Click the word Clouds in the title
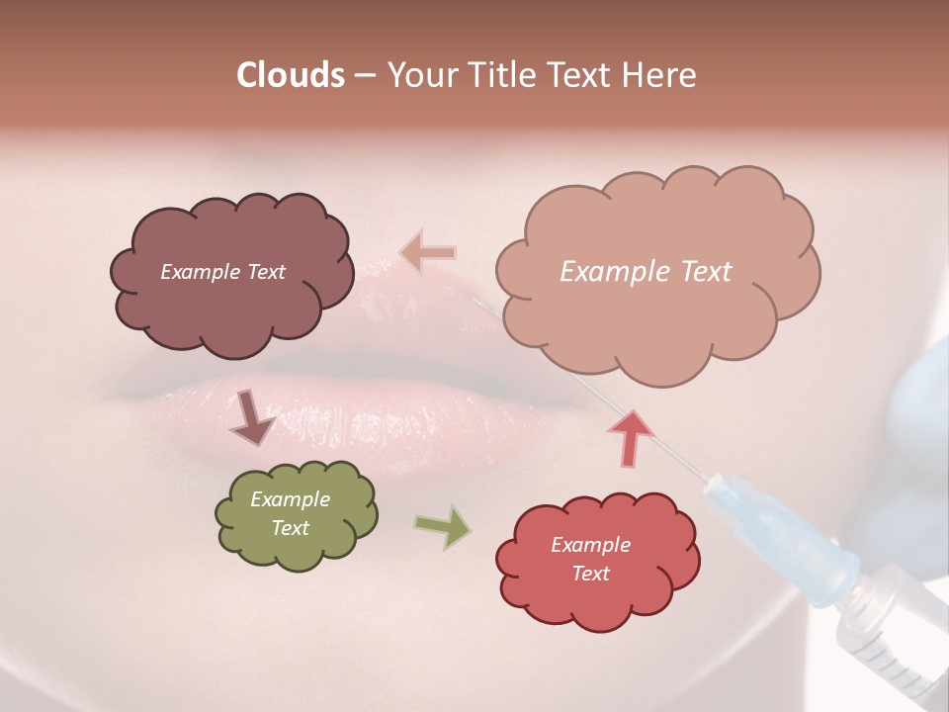pyautogui.click(x=291, y=75)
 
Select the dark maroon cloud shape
pyautogui.click(x=231, y=307)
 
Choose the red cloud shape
pyautogui.click(x=597, y=603)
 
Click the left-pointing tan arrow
pyautogui.click(x=428, y=252)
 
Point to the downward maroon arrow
pyautogui.click(x=252, y=418)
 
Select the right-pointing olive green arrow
pyautogui.click(x=443, y=526)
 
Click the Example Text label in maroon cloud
pyautogui.click(x=222, y=272)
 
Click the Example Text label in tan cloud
pyautogui.click(x=646, y=272)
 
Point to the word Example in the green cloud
pyautogui.click(x=290, y=500)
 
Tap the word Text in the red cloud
pyautogui.click(x=590, y=574)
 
